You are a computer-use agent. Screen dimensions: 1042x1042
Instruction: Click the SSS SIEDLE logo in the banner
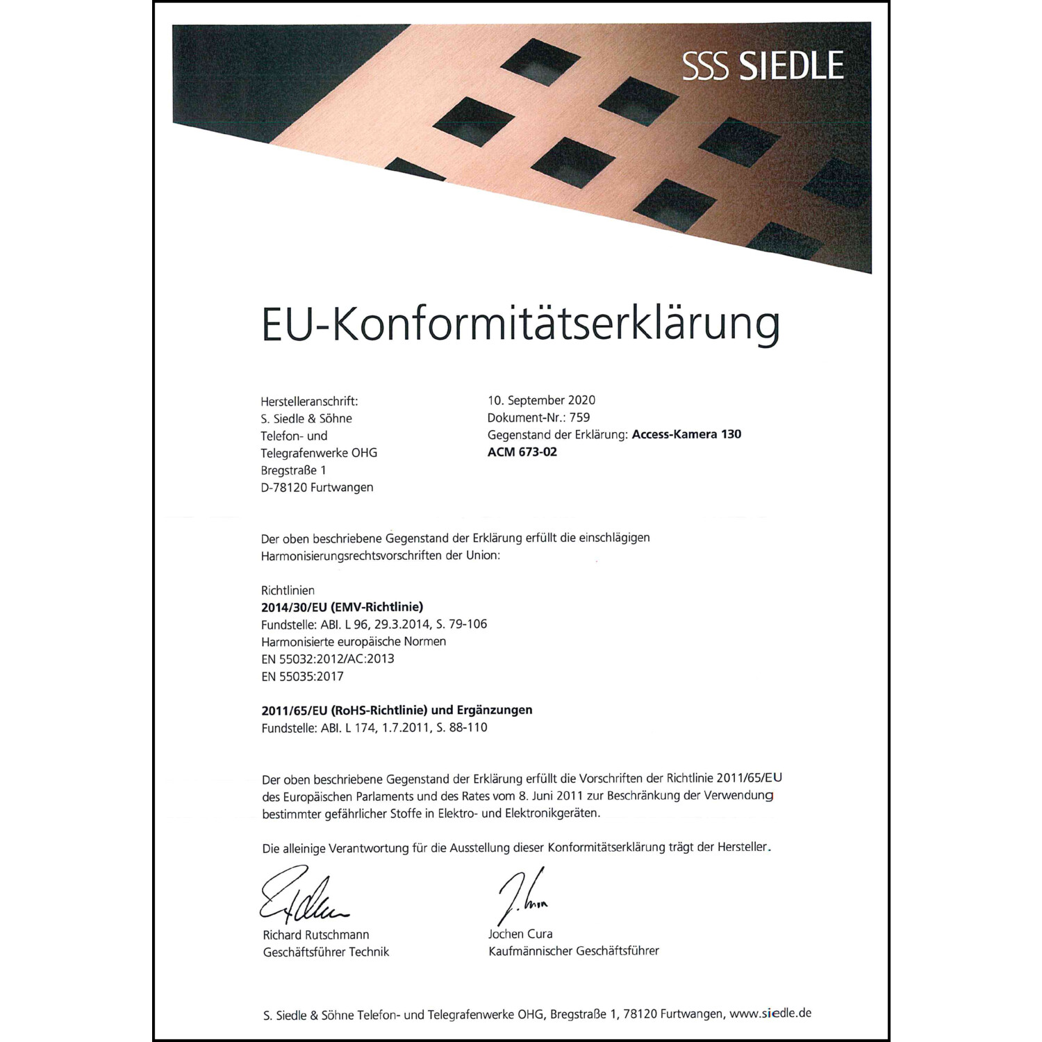[763, 66]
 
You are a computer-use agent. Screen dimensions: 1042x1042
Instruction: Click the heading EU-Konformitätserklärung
[520, 324]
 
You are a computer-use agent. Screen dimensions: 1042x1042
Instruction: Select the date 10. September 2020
[541, 400]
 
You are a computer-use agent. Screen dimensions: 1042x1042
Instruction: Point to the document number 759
[579, 417]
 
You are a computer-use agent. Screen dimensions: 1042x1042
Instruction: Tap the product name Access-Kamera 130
[686, 434]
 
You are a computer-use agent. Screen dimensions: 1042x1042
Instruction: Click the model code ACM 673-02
[522, 452]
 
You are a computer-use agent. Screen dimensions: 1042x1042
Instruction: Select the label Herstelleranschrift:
[309, 402]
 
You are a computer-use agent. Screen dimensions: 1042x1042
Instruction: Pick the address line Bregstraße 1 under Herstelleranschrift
[293, 470]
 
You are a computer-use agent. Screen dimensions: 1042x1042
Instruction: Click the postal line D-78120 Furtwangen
[317, 488]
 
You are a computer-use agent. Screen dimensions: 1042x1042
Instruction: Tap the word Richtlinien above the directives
[288, 590]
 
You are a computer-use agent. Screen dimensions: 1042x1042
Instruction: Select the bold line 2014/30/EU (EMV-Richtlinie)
[342, 607]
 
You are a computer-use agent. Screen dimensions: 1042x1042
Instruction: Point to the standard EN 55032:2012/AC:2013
[327, 659]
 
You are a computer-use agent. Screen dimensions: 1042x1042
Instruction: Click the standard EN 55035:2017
[302, 676]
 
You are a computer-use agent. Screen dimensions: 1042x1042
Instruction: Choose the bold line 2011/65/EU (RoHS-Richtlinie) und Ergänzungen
[397, 710]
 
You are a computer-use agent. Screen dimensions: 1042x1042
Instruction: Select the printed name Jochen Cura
[520, 934]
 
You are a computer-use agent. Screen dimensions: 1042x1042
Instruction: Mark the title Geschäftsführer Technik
[326, 952]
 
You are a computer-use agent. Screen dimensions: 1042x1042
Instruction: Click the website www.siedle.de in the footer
[770, 1014]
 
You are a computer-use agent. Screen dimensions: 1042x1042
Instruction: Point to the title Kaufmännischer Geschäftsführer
[573, 951]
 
